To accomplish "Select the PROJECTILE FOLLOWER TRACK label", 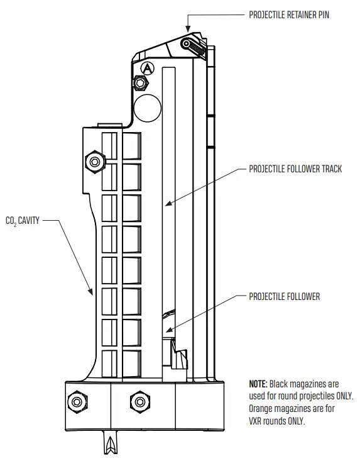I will [295, 169].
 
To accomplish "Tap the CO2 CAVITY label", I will [21, 221].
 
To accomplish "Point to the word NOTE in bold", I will [258, 383].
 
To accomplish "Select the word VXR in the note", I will [258, 421].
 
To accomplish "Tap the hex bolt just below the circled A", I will [140, 82].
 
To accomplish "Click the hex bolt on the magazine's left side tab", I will [94, 162].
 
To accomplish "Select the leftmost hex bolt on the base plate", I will [77, 401].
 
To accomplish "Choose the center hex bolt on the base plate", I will [137, 401].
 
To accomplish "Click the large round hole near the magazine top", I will [148, 108].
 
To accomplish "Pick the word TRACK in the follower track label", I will [330, 169].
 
